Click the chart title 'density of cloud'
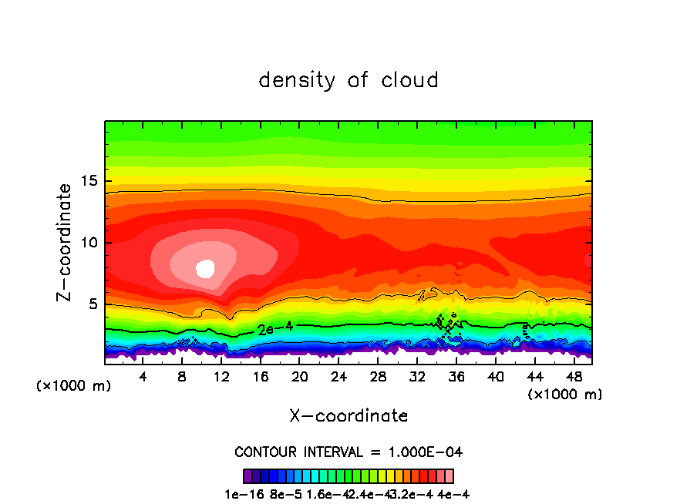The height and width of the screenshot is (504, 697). pyautogui.click(x=348, y=80)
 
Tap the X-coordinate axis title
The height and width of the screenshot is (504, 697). pyautogui.click(x=348, y=416)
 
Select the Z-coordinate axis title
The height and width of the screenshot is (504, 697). pyautogui.click(x=65, y=242)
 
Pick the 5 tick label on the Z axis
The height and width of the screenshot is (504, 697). pyautogui.click(x=91, y=304)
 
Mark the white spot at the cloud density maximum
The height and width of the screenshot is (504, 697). pyautogui.click(x=205, y=268)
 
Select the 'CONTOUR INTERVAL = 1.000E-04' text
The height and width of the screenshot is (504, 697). pyautogui.click(x=348, y=452)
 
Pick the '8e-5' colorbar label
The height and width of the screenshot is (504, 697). pyautogui.click(x=284, y=494)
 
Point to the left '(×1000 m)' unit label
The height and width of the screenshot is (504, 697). pyautogui.click(x=74, y=386)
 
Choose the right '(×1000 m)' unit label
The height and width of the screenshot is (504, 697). pyautogui.click(x=565, y=395)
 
